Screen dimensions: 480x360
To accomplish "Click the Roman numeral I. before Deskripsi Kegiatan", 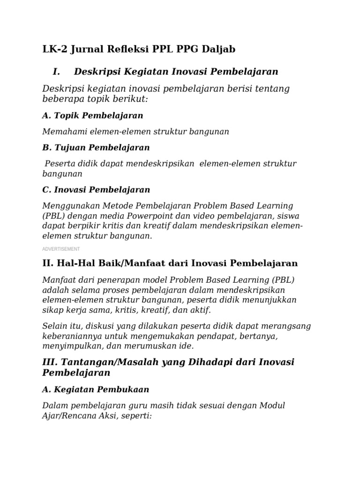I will click(x=57, y=72).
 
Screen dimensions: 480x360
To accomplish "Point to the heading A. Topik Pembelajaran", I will click(x=92, y=115).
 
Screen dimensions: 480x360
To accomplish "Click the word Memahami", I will click(x=64, y=132).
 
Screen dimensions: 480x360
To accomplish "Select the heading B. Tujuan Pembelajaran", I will click(x=96, y=148).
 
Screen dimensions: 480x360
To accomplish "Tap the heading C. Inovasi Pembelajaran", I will click(x=96, y=190).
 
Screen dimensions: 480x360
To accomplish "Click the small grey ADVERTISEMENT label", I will click(x=60, y=249).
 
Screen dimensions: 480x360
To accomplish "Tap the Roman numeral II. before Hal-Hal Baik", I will click(x=49, y=263).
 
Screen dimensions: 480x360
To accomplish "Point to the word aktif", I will click(x=201, y=310).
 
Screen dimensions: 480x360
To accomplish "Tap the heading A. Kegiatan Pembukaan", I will click(x=96, y=390).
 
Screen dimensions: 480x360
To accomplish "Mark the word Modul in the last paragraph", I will click(x=285, y=405).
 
